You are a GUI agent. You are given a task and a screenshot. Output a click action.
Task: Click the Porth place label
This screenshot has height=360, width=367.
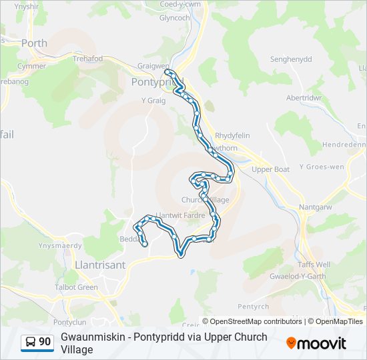[35, 43]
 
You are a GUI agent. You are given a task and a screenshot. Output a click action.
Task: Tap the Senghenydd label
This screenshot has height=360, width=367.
[291, 59]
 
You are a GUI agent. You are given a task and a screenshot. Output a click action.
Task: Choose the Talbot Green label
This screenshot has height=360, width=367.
[77, 287]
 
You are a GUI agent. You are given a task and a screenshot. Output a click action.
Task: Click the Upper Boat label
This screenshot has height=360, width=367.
[271, 169]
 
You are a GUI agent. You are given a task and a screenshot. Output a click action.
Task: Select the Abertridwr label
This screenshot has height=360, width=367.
[304, 97]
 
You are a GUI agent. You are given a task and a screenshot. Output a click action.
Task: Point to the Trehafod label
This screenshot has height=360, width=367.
[87, 59]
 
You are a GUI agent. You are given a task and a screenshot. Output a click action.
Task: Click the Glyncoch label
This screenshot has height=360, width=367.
[175, 18]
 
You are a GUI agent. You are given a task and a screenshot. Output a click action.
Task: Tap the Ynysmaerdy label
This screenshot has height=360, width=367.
[60, 245]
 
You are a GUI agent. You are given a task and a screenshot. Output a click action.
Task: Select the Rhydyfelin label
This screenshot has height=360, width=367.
[233, 135]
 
